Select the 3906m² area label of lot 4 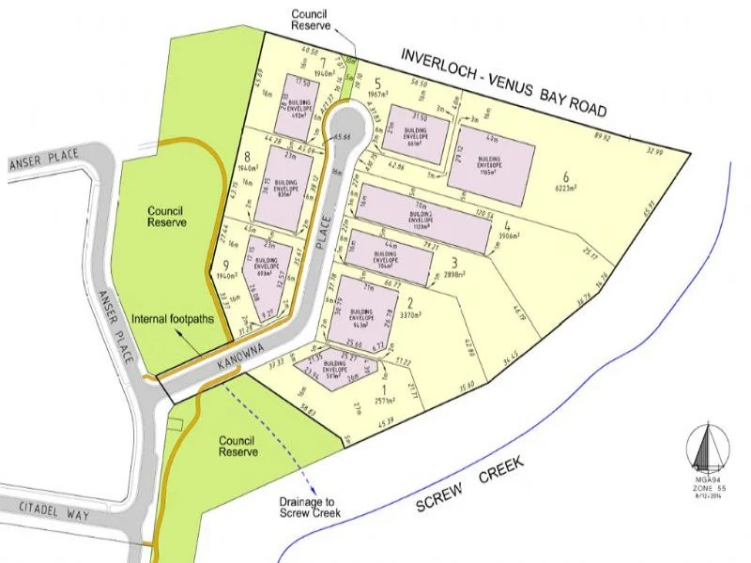tap(507, 236)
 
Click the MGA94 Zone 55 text tap(706, 489)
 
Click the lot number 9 tap(226, 265)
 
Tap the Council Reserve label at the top tap(311, 20)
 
